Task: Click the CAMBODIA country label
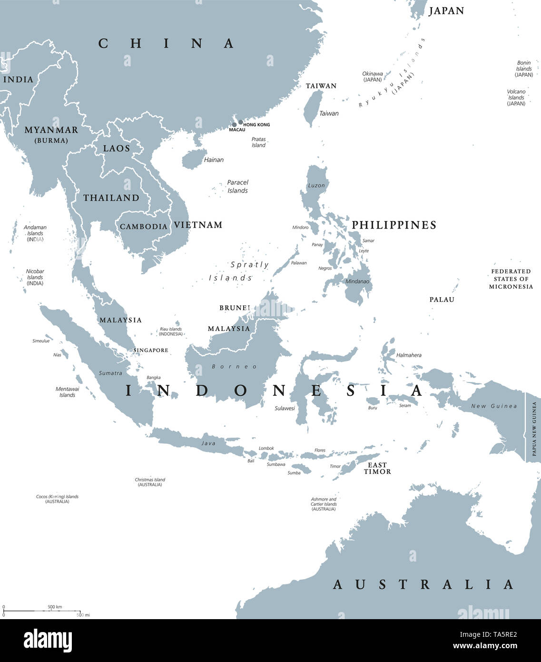click(143, 227)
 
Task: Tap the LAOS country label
click(117, 149)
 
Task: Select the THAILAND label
click(111, 198)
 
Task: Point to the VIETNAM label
click(198, 225)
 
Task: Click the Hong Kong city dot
click(241, 122)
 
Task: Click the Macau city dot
click(234, 125)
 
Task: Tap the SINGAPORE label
click(150, 350)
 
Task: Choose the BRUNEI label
click(235, 308)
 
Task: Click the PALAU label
click(442, 300)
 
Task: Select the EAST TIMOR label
click(377, 468)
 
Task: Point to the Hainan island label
click(214, 160)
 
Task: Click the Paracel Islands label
click(237, 186)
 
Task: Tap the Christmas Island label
click(150, 482)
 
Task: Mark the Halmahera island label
click(409, 355)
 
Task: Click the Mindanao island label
click(357, 281)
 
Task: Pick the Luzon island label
click(316, 185)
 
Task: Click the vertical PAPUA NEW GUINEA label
click(534, 429)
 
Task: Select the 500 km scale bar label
click(55, 607)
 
